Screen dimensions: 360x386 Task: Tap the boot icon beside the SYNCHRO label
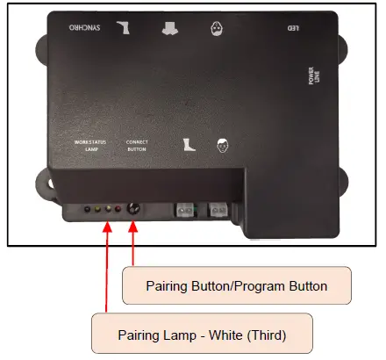pyautogui.click(x=122, y=27)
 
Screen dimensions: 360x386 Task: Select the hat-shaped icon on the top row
pyautogui.click(x=168, y=27)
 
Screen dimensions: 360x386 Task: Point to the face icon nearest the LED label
pyautogui.click(x=217, y=27)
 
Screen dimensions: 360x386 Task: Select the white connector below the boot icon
pyautogui.click(x=185, y=211)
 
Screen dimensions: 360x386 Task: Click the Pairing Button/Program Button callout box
pyautogui.click(x=236, y=285)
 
